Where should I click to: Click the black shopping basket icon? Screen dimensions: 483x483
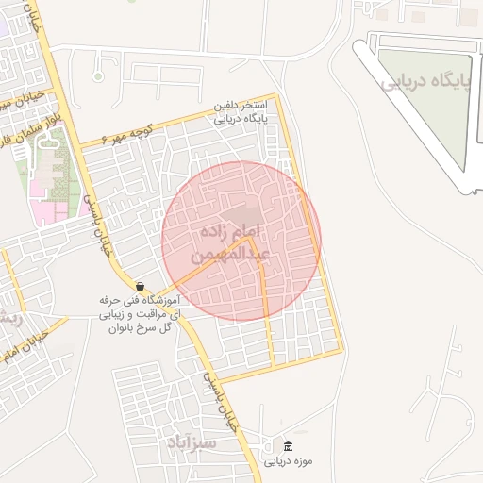(x=140, y=286)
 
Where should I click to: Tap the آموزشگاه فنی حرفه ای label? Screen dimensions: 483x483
(x=140, y=300)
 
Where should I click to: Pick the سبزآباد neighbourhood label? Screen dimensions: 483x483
(x=192, y=442)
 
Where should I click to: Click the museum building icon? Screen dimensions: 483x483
(x=288, y=446)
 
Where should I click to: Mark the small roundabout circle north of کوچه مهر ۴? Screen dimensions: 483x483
(x=98, y=76)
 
